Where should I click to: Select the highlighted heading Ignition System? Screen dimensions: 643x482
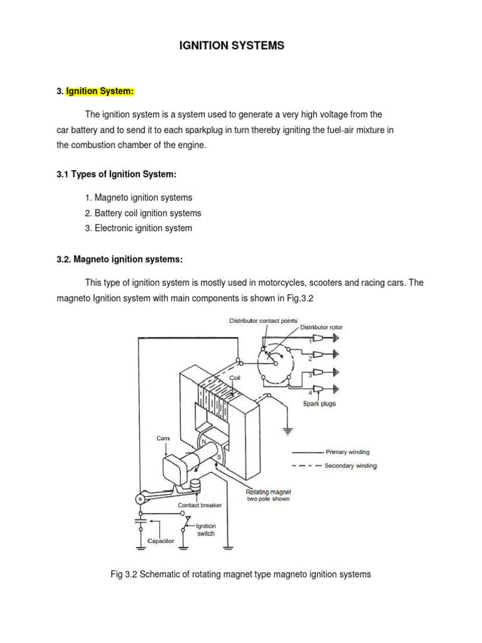tap(100, 91)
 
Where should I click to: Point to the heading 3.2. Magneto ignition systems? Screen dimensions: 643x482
tap(119, 259)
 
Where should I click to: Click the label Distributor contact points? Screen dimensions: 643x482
tap(262, 321)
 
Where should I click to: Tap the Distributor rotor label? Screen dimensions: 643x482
tap(321, 327)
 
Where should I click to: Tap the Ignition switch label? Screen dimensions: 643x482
tap(206, 530)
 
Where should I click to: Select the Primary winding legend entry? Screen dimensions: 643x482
tap(348, 451)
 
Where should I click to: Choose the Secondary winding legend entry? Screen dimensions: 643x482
tap(351, 466)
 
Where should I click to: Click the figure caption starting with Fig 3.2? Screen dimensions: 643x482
tap(240, 574)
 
